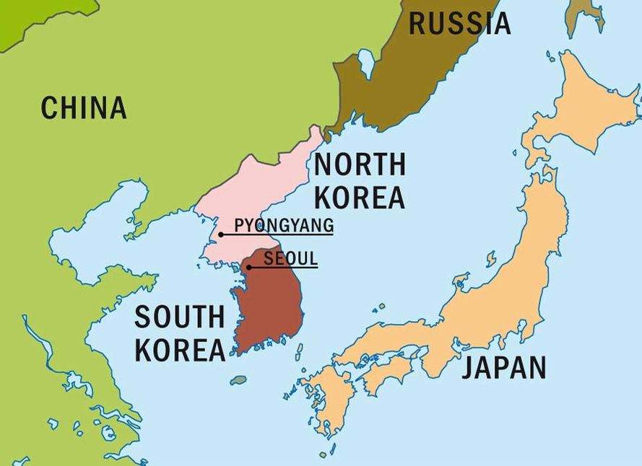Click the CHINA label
pyautogui.click(x=84, y=107)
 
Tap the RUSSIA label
pyautogui.click(x=460, y=23)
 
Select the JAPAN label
pyautogui.click(x=504, y=367)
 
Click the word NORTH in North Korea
pyautogui.click(x=360, y=165)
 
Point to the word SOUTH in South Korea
pyautogui.click(x=180, y=317)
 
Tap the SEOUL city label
pyautogui.click(x=290, y=258)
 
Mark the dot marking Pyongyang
pyautogui.click(x=221, y=234)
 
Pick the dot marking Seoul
pyautogui.click(x=249, y=268)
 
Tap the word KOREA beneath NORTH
pyautogui.click(x=360, y=197)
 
